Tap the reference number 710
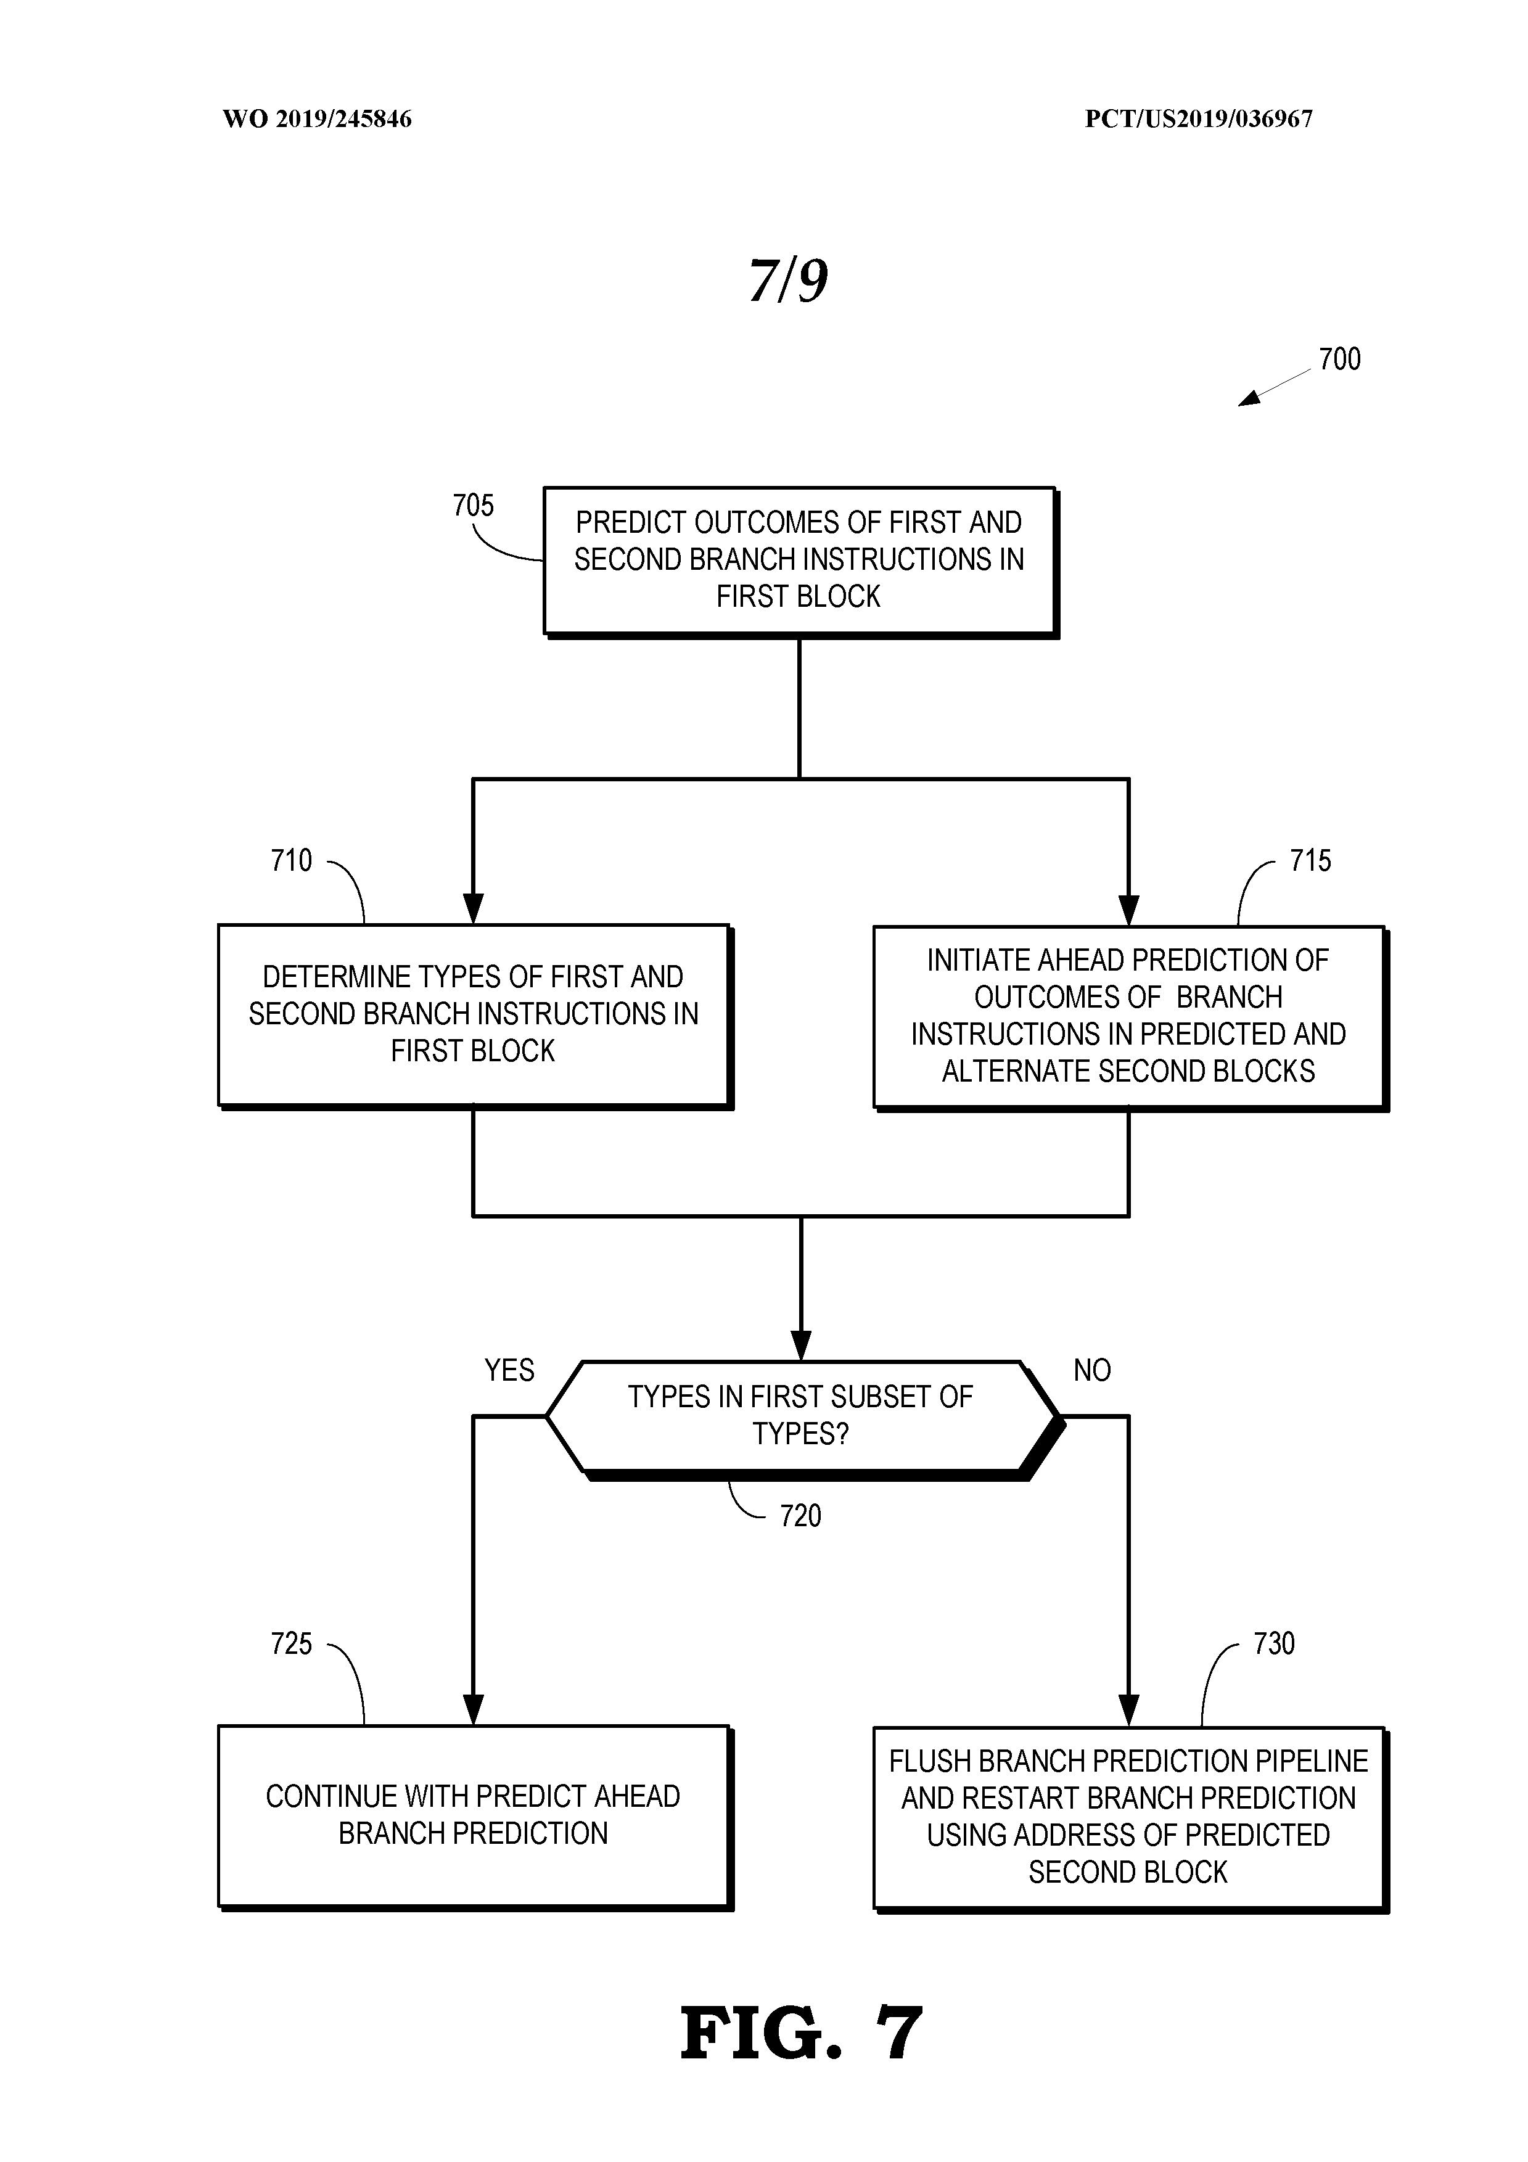[x=291, y=861]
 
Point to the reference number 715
[x=1310, y=861]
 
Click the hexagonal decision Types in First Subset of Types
[x=800, y=1415]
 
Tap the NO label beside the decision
[x=1092, y=1370]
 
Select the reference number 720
[x=800, y=1516]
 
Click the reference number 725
[x=291, y=1644]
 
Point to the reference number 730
[x=1274, y=1644]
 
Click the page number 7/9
[x=788, y=281]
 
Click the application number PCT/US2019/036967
[x=1199, y=118]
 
